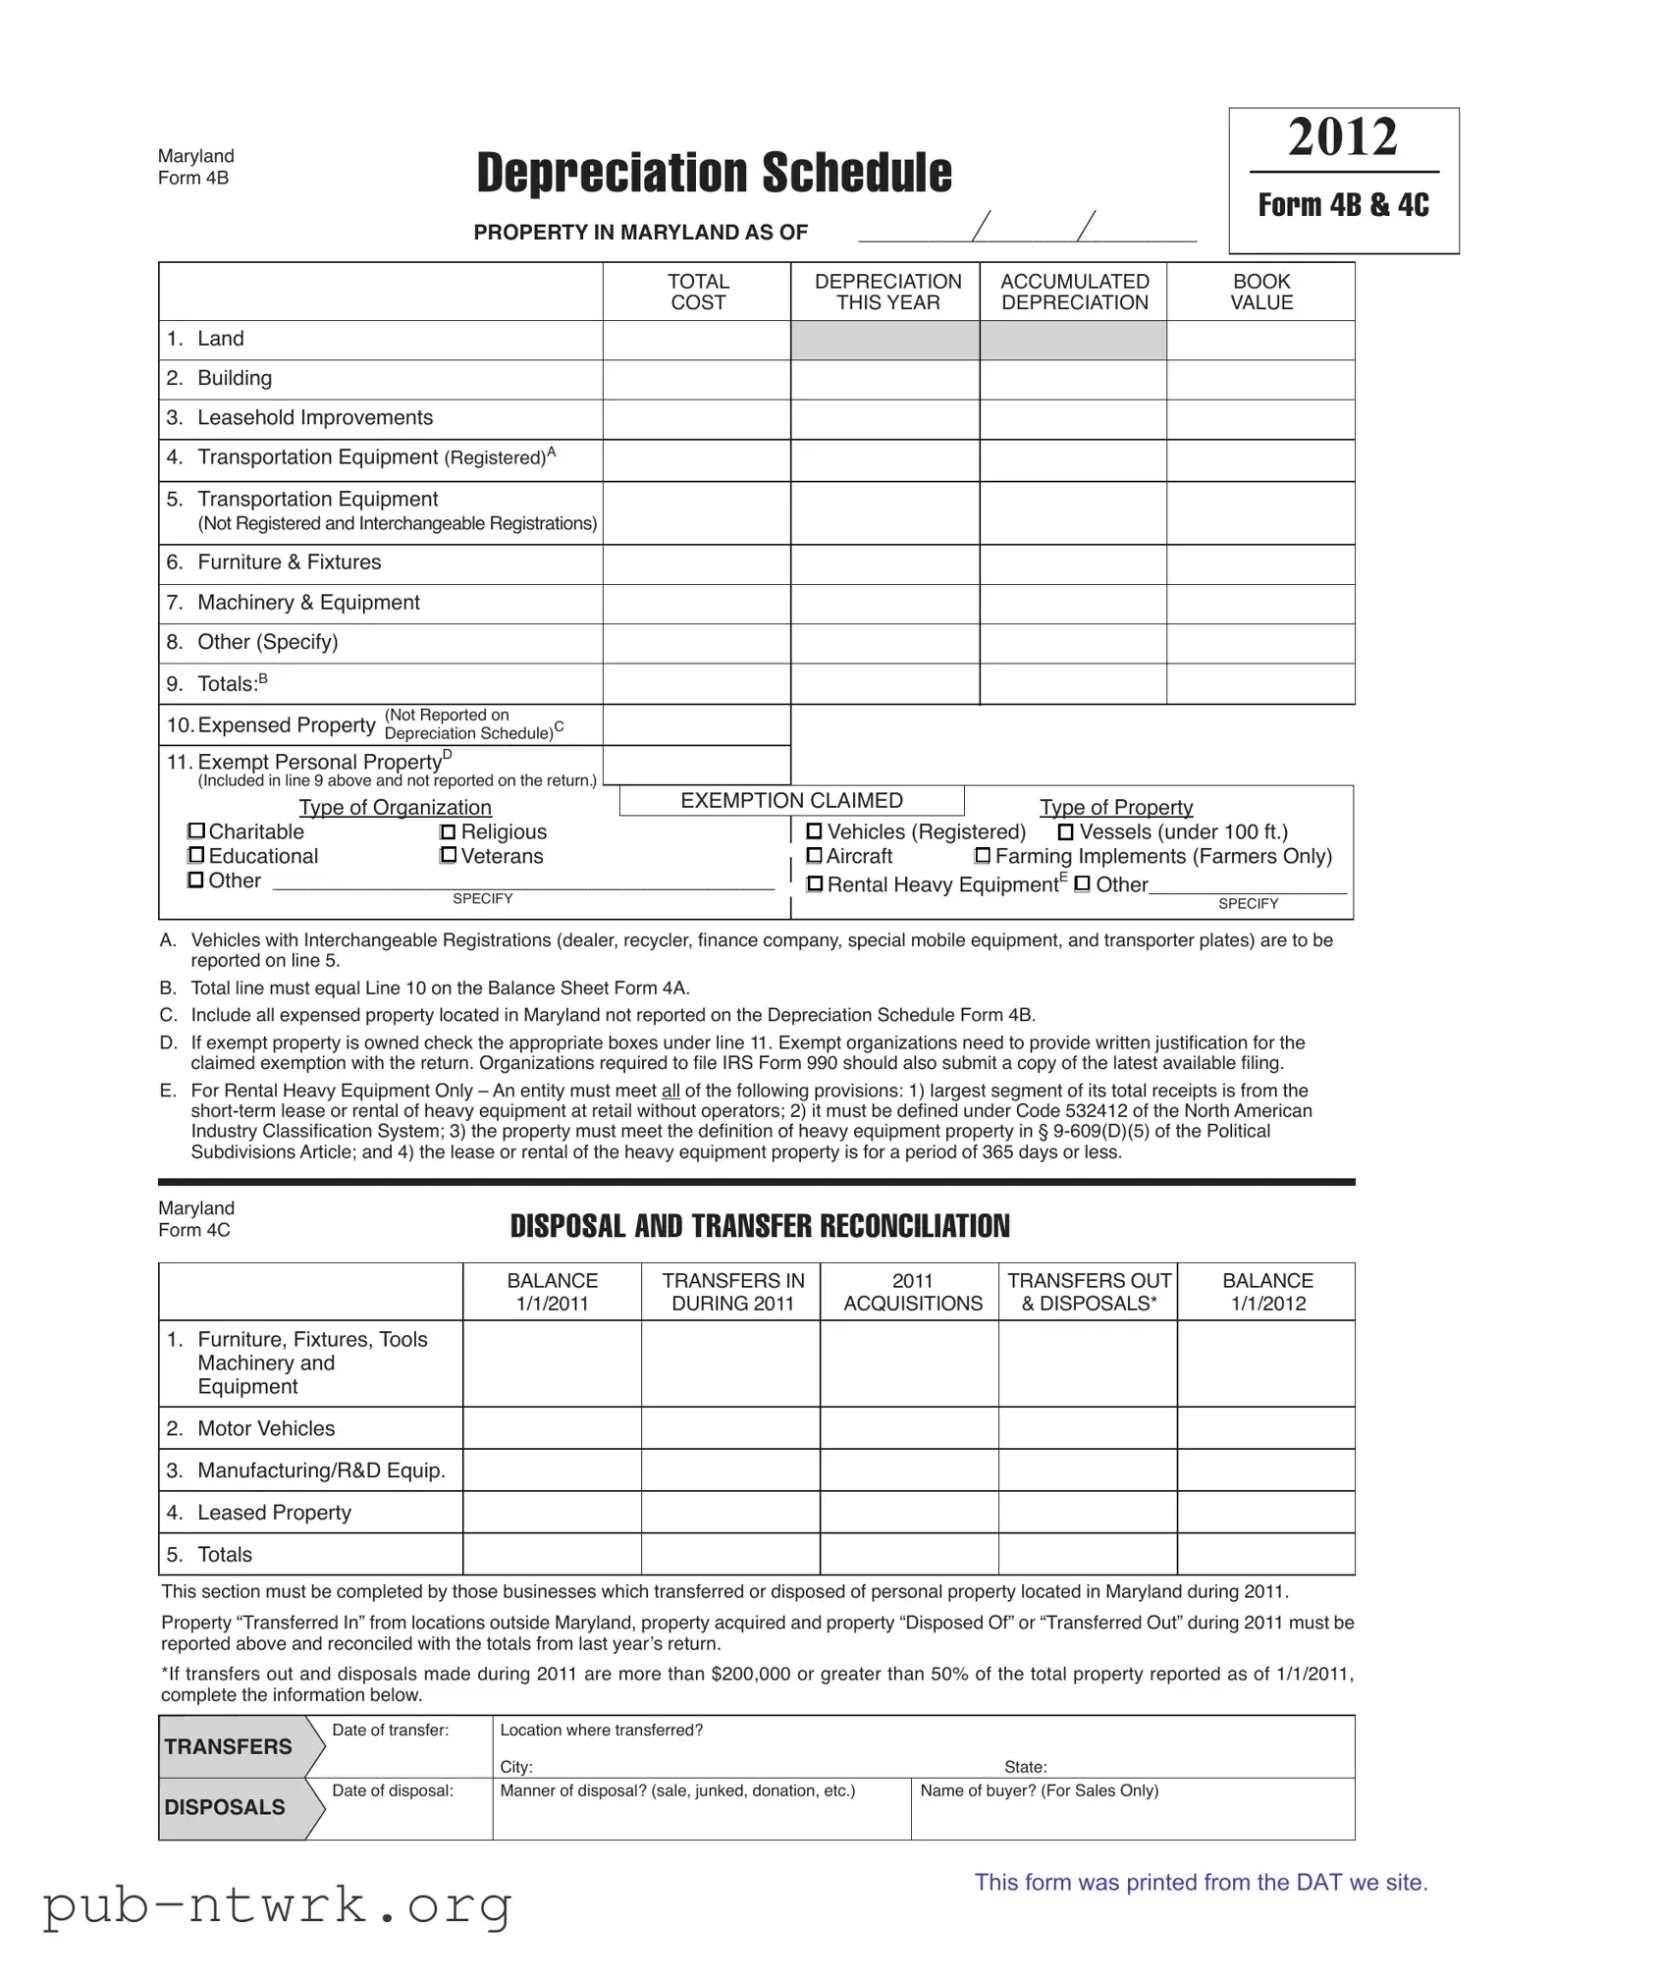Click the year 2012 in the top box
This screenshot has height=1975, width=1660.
[1342, 137]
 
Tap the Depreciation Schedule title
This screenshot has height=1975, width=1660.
[714, 173]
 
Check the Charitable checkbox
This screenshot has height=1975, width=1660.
[196, 831]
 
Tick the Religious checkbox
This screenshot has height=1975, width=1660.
[449, 832]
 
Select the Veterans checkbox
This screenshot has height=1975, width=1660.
[449, 856]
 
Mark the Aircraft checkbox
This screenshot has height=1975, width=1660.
[814, 856]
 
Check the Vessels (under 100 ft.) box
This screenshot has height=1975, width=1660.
[1065, 832]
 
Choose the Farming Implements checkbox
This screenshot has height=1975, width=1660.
[983, 856]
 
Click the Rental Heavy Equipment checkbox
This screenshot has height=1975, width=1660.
[815, 884]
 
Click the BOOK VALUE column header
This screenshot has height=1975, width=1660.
[1261, 292]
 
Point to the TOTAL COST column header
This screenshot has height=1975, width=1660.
[698, 292]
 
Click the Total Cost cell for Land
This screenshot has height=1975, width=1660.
[697, 340]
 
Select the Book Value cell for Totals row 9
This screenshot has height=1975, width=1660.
[1260, 684]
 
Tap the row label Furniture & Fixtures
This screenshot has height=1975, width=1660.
[289, 562]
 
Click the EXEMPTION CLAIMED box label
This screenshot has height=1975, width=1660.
[791, 801]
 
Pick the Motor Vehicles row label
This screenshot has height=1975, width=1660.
[266, 1428]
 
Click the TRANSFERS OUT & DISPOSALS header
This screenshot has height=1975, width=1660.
[1089, 1292]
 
